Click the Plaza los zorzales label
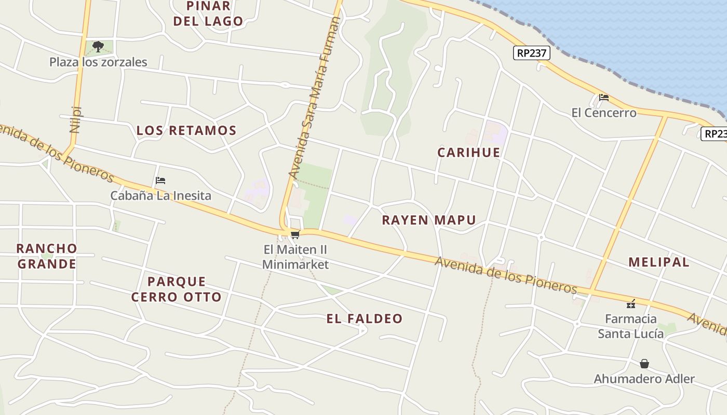point(98,62)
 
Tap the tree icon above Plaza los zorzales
point(98,47)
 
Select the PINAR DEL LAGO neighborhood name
point(208,14)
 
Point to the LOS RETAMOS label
point(186,131)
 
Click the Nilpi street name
point(76,120)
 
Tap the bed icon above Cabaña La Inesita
point(160,181)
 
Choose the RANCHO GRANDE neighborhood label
point(47,256)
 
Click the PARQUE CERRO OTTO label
point(177,289)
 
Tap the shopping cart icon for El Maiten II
point(295,234)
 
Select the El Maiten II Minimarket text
point(295,257)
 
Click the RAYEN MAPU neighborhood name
point(429,220)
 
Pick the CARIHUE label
point(469,153)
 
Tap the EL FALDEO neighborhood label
point(365,319)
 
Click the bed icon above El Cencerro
point(603,97)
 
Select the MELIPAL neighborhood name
point(659,262)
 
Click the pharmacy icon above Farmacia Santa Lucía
point(631,303)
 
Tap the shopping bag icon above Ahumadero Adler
point(644,364)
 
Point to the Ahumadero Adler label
point(644,379)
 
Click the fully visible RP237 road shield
point(532,53)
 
